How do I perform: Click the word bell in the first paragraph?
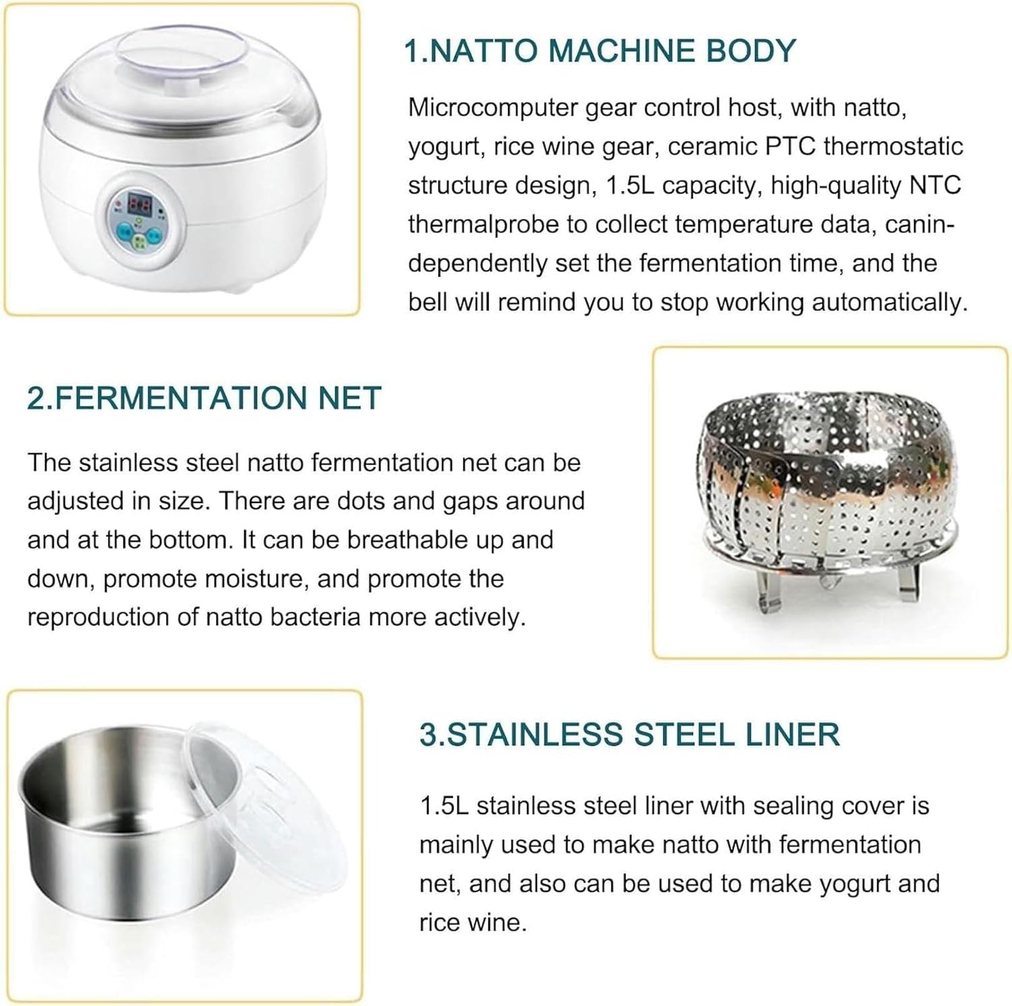pos(427,302)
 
